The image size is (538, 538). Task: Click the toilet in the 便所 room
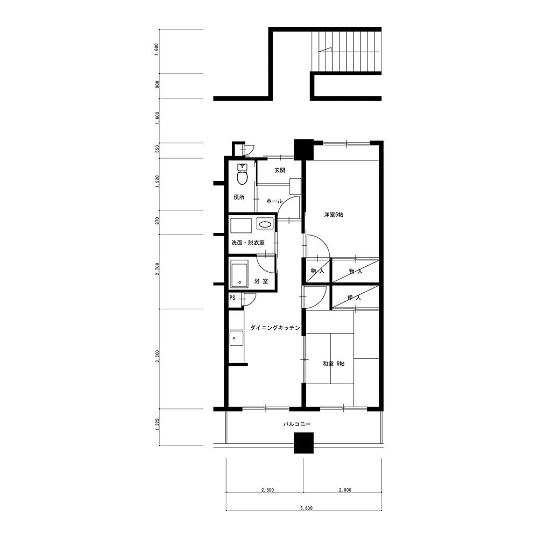coord(243,175)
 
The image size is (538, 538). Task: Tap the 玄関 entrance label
coord(280,170)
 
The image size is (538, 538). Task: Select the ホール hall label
coord(274,201)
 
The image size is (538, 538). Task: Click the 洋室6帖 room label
coord(334,215)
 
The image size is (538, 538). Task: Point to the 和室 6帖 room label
coord(334,363)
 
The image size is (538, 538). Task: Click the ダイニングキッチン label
coord(275,328)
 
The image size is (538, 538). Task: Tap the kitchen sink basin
coord(236,338)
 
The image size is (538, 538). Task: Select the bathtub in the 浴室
coord(239,274)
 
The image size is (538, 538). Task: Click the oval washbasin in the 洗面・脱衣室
coord(265,225)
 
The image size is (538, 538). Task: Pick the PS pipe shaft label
coord(232,298)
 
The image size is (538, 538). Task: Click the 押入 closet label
coord(355,298)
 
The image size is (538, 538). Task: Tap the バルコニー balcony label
coord(297,424)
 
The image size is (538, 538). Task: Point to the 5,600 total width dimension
coord(307,508)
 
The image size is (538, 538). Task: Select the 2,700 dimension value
coord(157,269)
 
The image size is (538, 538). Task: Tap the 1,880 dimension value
coord(157,181)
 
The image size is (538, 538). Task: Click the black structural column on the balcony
coord(303,443)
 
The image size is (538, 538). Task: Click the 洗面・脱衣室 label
coord(248,243)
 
